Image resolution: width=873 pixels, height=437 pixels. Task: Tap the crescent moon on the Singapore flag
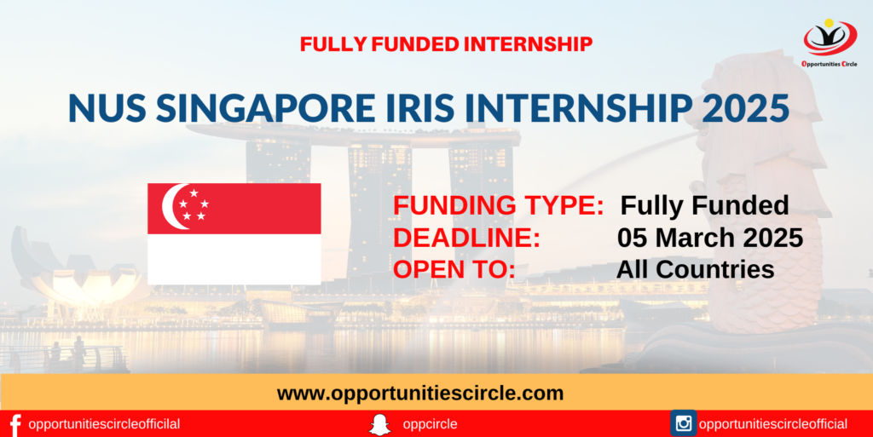click(171, 206)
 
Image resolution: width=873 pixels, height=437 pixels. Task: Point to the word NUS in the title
click(107, 108)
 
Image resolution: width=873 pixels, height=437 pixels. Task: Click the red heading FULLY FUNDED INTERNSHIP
click(446, 44)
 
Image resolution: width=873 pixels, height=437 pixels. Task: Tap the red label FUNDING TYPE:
click(498, 205)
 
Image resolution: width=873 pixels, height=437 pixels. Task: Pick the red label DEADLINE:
click(466, 238)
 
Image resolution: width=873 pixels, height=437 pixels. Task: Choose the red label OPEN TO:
click(454, 270)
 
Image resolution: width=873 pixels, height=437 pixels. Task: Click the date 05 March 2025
click(710, 238)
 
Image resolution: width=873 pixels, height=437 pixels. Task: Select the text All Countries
click(696, 270)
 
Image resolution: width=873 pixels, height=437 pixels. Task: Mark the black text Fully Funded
click(705, 205)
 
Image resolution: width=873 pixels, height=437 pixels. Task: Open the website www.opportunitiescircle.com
click(420, 394)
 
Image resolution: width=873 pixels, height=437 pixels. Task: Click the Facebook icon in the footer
click(15, 425)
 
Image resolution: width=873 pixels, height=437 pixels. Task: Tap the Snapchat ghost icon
click(379, 425)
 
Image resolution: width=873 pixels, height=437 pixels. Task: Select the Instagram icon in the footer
click(684, 423)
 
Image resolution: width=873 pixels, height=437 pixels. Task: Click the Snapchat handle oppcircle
click(430, 425)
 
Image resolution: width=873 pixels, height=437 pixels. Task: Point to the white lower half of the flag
click(234, 259)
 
